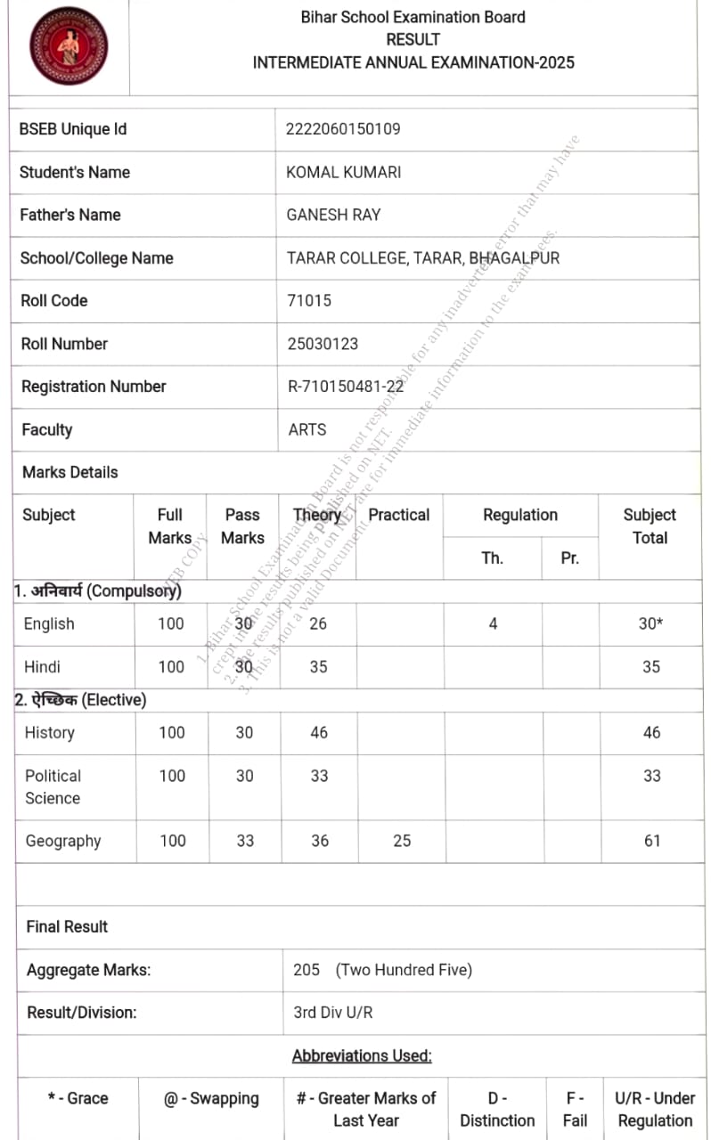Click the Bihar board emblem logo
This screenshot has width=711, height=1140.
[68, 45]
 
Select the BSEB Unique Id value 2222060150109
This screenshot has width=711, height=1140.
[343, 129]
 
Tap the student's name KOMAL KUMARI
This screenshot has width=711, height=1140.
[343, 172]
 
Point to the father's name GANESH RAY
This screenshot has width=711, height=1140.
[333, 215]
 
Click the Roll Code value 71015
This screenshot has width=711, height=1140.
[309, 301]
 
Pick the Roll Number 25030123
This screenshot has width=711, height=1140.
[323, 344]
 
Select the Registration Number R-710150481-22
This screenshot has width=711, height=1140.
[346, 387]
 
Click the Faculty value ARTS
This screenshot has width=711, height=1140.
[307, 429]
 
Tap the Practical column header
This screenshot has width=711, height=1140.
[398, 515]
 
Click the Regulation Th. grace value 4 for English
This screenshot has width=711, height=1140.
[493, 623]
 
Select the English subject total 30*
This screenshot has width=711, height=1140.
[651, 623]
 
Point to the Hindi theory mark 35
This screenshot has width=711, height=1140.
[318, 666]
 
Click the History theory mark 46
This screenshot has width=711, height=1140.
[319, 733]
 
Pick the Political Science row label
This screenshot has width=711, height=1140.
[53, 786]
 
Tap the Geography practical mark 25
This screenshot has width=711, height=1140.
[402, 841]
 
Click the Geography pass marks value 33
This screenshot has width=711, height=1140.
[245, 841]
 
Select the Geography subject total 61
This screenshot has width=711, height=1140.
[652, 841]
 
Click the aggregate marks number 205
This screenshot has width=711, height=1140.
[306, 970]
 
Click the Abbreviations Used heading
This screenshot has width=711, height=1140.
[362, 1056]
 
